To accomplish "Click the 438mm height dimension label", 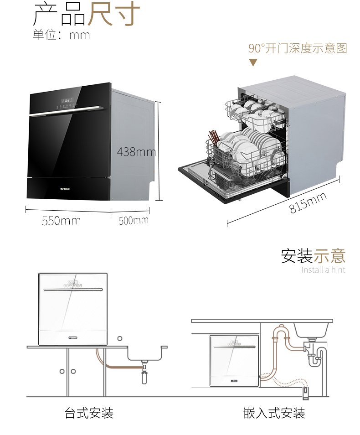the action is [x=136, y=152].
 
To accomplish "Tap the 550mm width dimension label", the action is [x=62, y=221].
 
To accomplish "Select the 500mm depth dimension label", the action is [x=134, y=221].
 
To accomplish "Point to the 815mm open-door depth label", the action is [x=308, y=203].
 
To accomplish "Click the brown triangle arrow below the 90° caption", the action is [x=252, y=62].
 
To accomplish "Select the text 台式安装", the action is [x=89, y=413].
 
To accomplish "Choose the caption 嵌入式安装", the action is [x=274, y=413].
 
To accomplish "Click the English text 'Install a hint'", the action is [x=323, y=270].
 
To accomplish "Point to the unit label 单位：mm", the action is [x=62, y=35].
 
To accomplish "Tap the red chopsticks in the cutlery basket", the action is [x=214, y=138].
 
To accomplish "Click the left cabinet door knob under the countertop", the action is [x=62, y=371].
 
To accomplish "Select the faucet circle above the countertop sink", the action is [x=120, y=338].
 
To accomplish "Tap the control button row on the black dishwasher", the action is [x=67, y=106].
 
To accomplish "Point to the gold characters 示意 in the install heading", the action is [x=330, y=256].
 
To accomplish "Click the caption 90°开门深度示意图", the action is [x=298, y=48].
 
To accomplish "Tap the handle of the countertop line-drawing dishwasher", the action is [x=73, y=290].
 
